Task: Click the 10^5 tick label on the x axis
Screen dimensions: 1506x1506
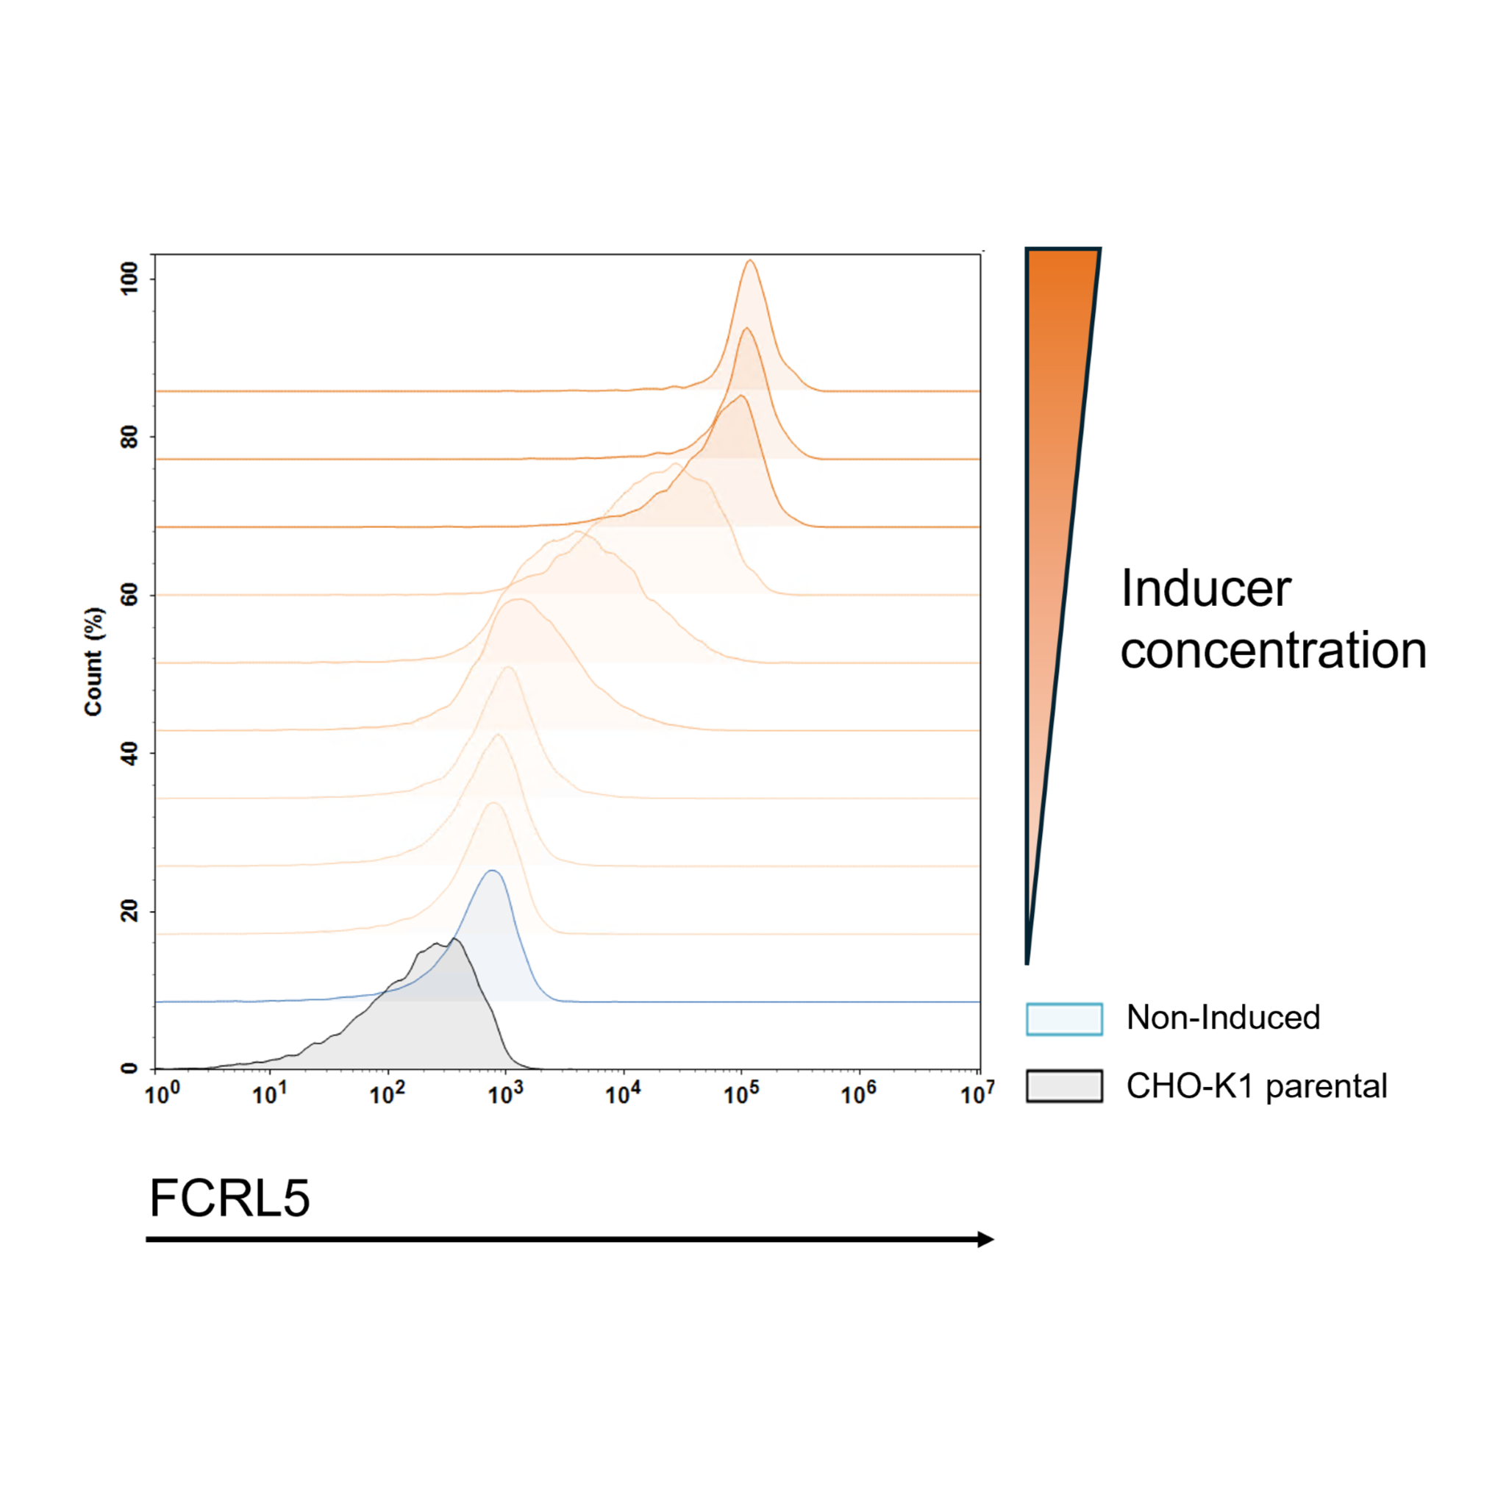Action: pos(740,1093)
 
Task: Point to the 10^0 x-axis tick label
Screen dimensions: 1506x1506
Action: pos(162,1093)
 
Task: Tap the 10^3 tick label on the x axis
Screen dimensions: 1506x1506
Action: pos(505,1093)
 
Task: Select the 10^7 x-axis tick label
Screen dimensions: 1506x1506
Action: pos(977,1093)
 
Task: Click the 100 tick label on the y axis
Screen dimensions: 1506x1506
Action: pos(129,278)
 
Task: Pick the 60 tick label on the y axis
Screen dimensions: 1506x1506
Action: pos(129,595)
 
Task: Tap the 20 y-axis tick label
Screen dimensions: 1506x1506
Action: pos(129,910)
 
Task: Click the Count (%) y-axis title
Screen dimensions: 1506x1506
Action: pos(93,661)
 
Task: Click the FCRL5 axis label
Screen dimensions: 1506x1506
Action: pos(230,1197)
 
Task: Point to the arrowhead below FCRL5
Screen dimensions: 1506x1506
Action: pos(986,1239)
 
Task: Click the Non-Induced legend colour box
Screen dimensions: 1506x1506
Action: pos(1064,1018)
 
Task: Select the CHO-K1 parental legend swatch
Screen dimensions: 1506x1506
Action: pos(1064,1086)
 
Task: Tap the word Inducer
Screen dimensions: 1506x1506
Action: pos(1206,588)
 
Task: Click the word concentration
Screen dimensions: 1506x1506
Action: pos(1274,651)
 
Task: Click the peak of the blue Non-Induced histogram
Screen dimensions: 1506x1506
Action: pos(491,871)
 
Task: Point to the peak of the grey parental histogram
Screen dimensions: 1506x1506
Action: pos(454,938)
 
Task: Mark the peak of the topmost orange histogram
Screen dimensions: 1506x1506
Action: pos(750,260)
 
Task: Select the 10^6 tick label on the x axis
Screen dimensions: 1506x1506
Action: pos(859,1093)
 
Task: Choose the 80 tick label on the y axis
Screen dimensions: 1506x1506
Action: pos(129,437)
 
